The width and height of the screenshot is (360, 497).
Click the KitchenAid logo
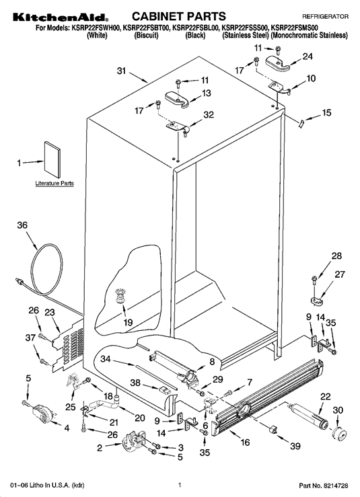(61, 17)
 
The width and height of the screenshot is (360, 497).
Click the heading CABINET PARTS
(178, 16)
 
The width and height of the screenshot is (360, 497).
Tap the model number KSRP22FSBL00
(195, 28)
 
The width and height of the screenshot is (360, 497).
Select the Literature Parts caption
(55, 183)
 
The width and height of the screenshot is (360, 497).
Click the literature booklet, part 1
(52, 159)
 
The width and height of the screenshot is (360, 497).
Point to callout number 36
(22, 225)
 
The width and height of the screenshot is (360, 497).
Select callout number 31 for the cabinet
(122, 71)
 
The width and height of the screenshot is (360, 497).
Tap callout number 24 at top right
(308, 56)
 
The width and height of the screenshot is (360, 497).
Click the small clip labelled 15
(301, 123)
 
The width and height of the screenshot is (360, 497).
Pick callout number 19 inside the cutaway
(128, 322)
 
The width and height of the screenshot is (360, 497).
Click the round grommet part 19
(120, 295)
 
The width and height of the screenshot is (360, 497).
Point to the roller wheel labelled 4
(42, 414)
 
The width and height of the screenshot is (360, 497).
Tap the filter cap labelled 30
(339, 432)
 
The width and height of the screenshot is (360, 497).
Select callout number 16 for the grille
(245, 442)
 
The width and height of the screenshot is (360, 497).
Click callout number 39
(295, 446)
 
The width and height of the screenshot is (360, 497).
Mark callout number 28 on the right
(336, 256)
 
